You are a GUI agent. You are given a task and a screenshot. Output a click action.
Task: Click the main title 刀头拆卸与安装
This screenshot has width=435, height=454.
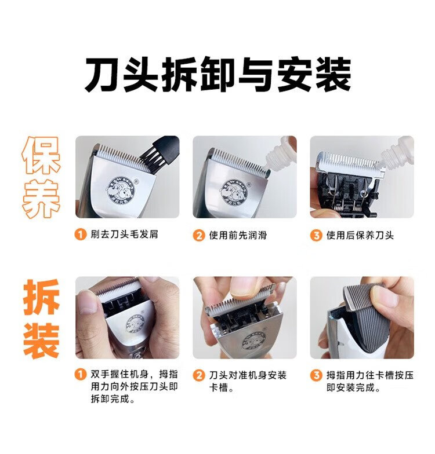[218, 74]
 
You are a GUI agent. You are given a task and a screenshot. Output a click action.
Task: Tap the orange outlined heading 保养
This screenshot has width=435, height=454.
[41, 177]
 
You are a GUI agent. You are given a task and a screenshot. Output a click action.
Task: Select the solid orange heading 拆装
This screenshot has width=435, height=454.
[42, 318]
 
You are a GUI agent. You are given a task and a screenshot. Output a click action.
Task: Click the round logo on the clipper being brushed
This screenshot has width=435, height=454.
[121, 190]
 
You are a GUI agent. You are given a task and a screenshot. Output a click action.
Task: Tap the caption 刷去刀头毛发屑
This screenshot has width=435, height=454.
[124, 234]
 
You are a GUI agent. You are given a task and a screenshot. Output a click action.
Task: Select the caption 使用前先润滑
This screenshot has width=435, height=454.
[238, 235]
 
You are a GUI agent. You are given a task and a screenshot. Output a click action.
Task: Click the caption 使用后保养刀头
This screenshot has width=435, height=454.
[360, 235]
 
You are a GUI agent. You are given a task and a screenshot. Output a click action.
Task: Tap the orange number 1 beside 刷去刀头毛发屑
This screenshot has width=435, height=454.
[80, 234]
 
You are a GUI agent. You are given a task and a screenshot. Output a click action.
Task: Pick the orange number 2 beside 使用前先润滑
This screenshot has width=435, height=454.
[198, 235]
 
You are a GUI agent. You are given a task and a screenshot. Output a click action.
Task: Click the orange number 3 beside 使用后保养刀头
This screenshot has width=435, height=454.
[316, 235]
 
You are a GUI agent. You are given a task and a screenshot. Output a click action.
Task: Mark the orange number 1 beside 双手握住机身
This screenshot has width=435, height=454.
[80, 374]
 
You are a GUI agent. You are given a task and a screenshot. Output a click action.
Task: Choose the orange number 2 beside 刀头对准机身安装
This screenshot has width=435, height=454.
[198, 375]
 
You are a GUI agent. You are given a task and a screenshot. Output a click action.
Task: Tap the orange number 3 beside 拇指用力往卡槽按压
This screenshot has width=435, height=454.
[316, 375]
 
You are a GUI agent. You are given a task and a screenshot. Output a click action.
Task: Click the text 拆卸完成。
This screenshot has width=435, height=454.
[113, 398]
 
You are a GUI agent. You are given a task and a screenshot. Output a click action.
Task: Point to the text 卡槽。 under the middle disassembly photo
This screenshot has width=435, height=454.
[222, 388]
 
